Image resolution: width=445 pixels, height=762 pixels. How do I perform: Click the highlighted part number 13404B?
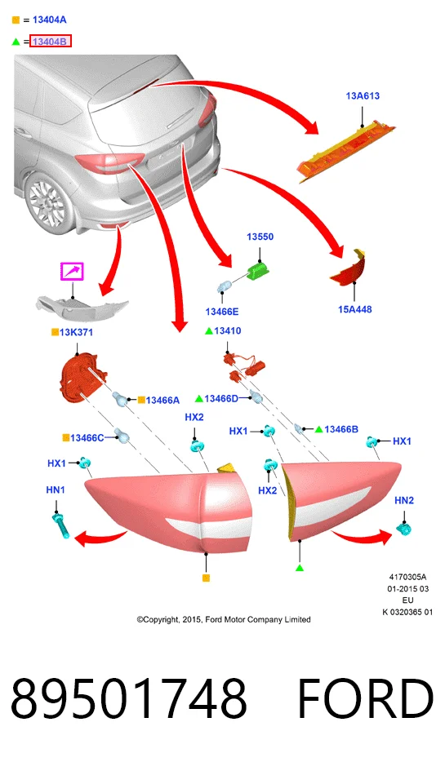(51, 42)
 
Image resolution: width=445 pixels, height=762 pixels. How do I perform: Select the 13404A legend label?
(50, 20)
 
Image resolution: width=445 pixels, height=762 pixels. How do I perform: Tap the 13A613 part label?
(363, 95)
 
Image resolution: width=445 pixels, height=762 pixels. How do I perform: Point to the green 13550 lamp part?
(258, 271)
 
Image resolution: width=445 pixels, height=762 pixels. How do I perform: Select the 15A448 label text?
(355, 309)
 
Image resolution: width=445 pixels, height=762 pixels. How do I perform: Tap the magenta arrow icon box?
(72, 271)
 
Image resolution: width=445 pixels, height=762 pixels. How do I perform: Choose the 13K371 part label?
(76, 332)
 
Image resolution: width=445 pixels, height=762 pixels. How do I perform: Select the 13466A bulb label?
(162, 400)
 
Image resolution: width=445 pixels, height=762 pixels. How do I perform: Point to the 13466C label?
(87, 438)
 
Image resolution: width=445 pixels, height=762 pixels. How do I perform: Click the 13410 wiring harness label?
(228, 331)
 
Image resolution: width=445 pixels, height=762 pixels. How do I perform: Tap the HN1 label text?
(56, 490)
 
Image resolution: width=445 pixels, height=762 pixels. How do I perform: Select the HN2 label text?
(404, 500)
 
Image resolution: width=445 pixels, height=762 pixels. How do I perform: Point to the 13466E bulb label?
(222, 312)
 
